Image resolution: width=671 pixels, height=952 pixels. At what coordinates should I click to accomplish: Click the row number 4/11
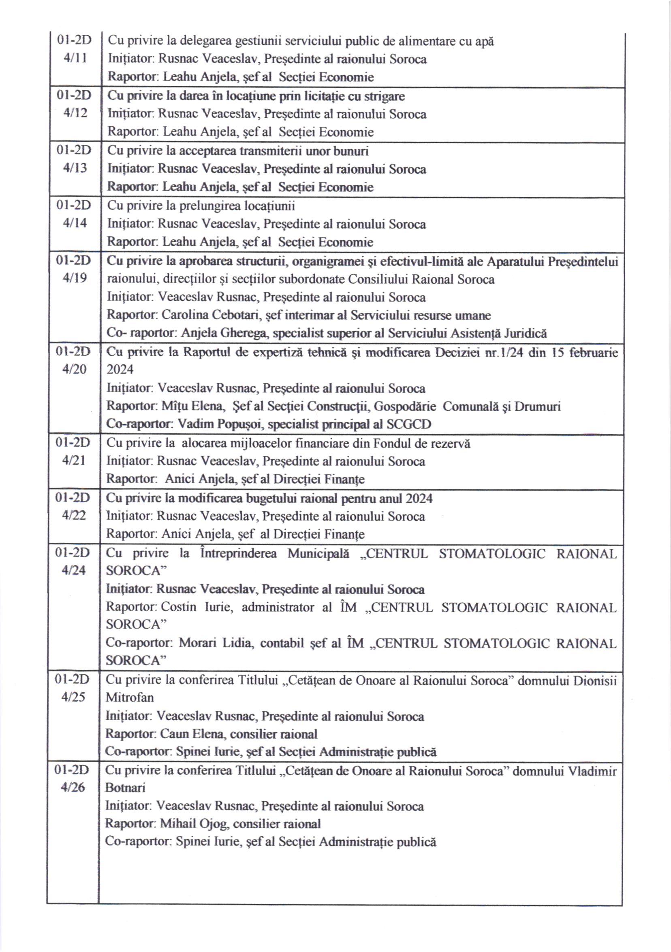click(x=75, y=58)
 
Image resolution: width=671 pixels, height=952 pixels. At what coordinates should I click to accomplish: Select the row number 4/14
click(x=75, y=223)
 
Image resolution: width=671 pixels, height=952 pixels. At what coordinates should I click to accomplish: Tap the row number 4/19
click(x=75, y=278)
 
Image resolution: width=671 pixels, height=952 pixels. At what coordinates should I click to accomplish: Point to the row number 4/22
click(x=74, y=515)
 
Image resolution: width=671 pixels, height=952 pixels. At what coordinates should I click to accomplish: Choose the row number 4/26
click(x=73, y=787)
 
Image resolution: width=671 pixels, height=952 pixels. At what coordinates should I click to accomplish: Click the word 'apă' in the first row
click(x=484, y=41)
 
